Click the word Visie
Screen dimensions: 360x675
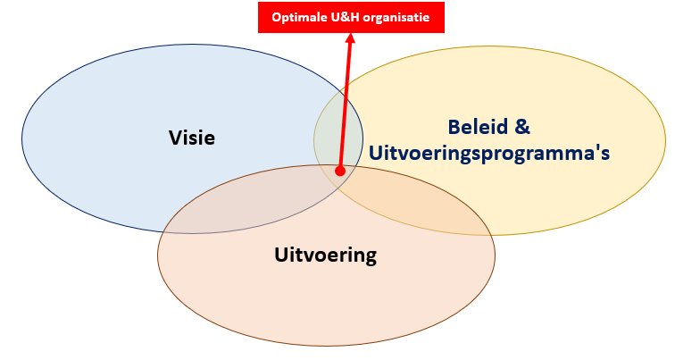pos(192,138)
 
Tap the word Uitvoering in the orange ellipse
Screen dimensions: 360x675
pos(325,256)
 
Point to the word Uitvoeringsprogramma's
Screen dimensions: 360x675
pos(488,153)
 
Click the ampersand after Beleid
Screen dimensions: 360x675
pos(527,126)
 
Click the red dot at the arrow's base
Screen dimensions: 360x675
pos(340,171)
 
